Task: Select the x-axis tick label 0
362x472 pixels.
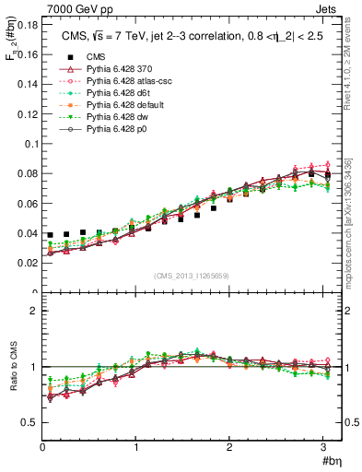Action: click(42, 448)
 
